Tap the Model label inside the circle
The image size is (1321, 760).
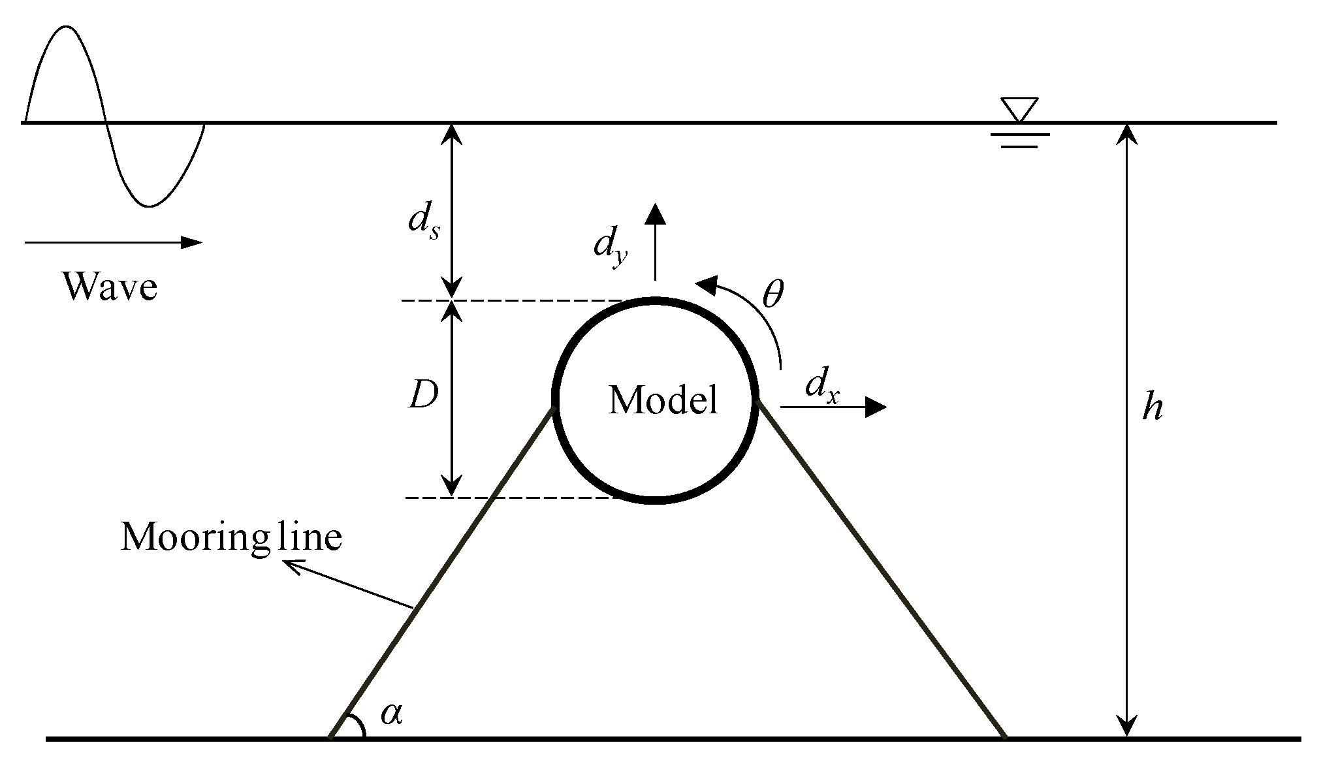click(x=663, y=400)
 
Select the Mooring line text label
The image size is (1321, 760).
click(x=231, y=538)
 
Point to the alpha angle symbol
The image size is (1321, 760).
click(x=391, y=714)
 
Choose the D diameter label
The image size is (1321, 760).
click(x=422, y=396)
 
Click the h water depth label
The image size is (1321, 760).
click(x=1152, y=408)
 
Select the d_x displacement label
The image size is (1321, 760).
click(x=822, y=387)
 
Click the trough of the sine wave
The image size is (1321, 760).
click(x=150, y=206)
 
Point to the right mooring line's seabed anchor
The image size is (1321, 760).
click(x=1004, y=737)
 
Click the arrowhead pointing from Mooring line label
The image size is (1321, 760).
click(x=290, y=565)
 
